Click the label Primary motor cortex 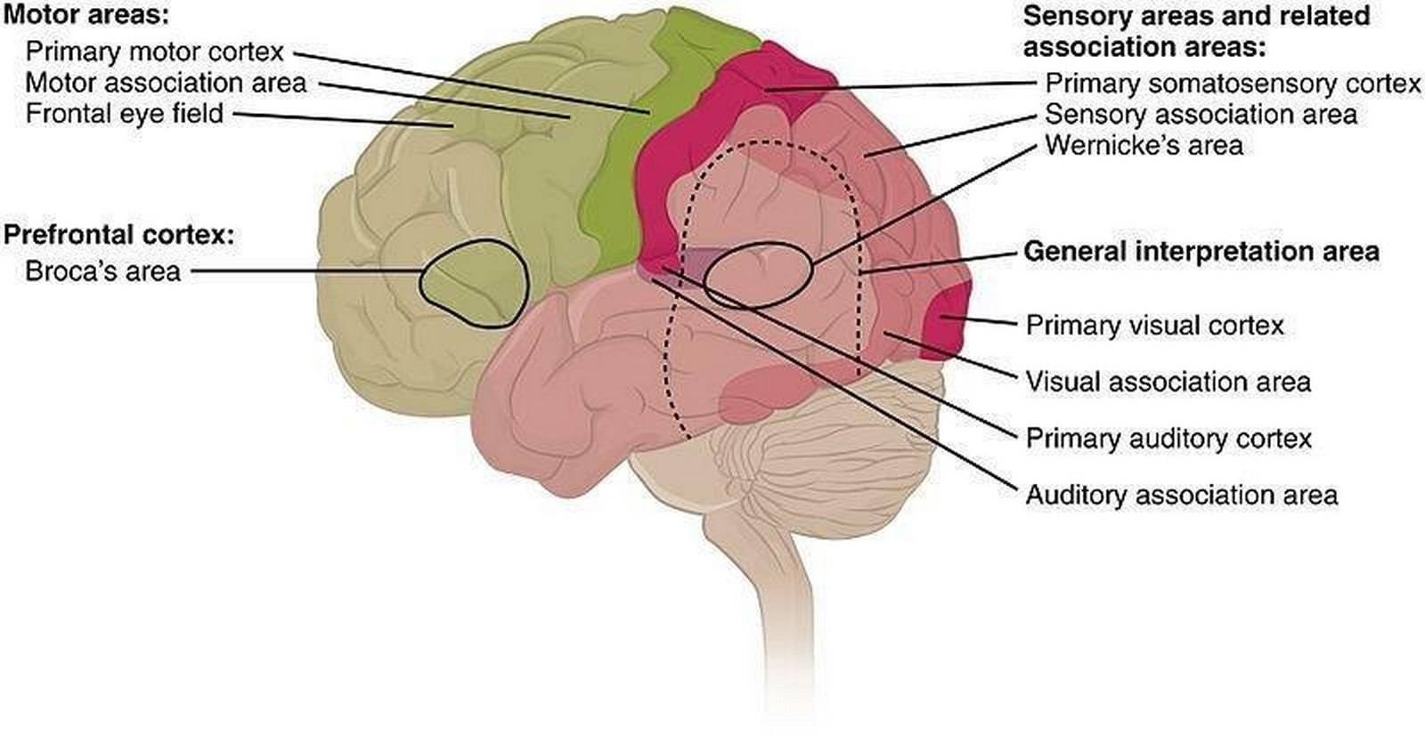pos(155,52)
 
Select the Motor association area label pos(166,84)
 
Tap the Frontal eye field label pos(125,115)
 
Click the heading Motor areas pos(86,15)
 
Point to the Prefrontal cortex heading pos(119,235)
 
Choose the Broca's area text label pos(103,272)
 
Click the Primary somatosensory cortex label pos(1233,84)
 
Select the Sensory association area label pos(1201,115)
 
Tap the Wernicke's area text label pos(1144,146)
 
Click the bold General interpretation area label pos(1201,252)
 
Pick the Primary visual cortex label pos(1154,326)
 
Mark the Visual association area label pos(1168,382)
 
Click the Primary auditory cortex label pos(1168,439)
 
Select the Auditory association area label pos(1182,496)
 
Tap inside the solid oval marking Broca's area pos(473,284)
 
